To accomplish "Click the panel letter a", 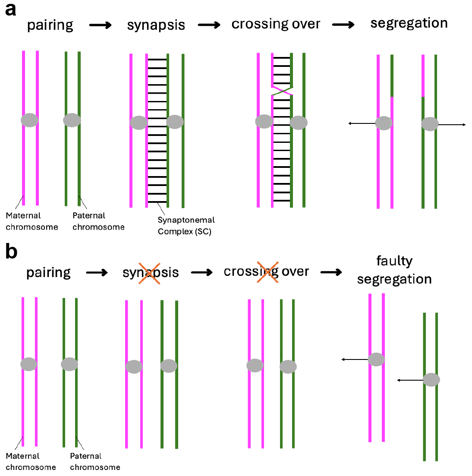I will pos(10,9).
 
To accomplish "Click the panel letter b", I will pos(11,252).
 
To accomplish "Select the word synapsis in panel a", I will pos(156,25).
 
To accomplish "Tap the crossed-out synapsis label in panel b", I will pos(150,273).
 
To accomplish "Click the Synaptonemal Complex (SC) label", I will pos(186,226).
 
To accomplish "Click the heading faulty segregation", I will pos(394,270).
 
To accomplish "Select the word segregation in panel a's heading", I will pos(409,24).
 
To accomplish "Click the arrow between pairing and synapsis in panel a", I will pos(100,25).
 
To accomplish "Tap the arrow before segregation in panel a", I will pos(343,25).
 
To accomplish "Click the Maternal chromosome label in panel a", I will pos(31,221).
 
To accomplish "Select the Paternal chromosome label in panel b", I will pos(95,461).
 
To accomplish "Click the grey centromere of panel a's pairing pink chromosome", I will pos(30,120).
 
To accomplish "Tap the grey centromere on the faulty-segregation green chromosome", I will pos(431,380).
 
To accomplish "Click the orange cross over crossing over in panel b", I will pos(267,272).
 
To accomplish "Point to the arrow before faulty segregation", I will pos(331,272).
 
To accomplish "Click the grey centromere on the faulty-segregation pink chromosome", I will pos(376,359).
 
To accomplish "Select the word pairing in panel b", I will pos(48,273).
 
